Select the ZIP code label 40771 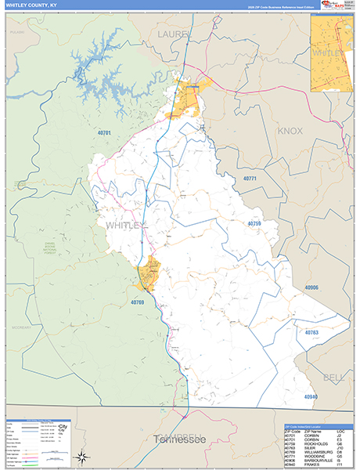[250, 179]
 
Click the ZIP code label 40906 [312, 287]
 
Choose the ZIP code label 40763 [311, 333]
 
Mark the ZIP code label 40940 [311, 398]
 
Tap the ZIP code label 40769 [138, 302]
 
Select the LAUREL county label [174, 35]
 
